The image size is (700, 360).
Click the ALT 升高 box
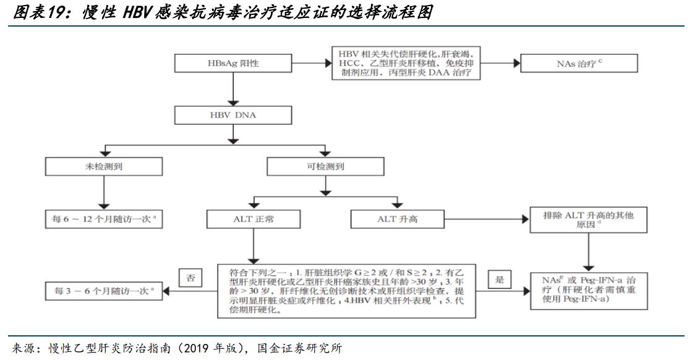click(398, 219)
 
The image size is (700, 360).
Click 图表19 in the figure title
click(35, 13)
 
